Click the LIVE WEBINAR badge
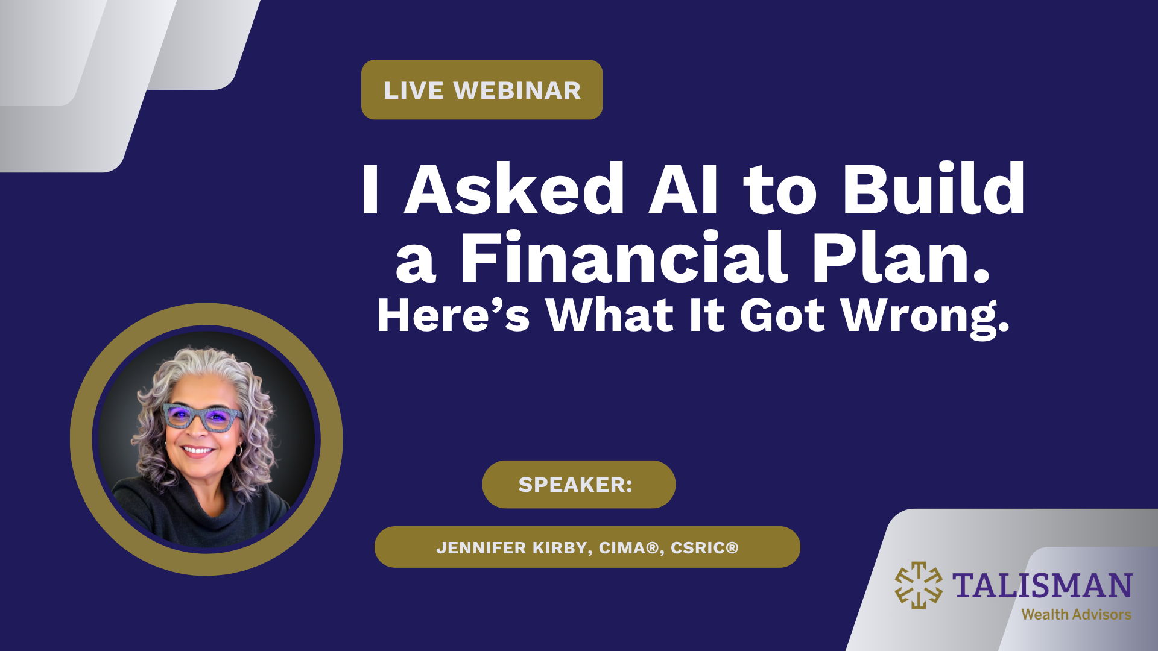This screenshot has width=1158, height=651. (482, 90)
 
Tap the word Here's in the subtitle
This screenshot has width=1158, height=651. (453, 315)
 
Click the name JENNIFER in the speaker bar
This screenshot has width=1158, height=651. (481, 547)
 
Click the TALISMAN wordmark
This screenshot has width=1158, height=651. (1042, 586)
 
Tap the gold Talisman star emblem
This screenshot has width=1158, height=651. (919, 585)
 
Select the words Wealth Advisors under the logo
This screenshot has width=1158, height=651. (1076, 615)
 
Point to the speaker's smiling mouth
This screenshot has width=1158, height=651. (198, 451)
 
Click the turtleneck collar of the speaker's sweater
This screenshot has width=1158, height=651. (199, 500)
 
